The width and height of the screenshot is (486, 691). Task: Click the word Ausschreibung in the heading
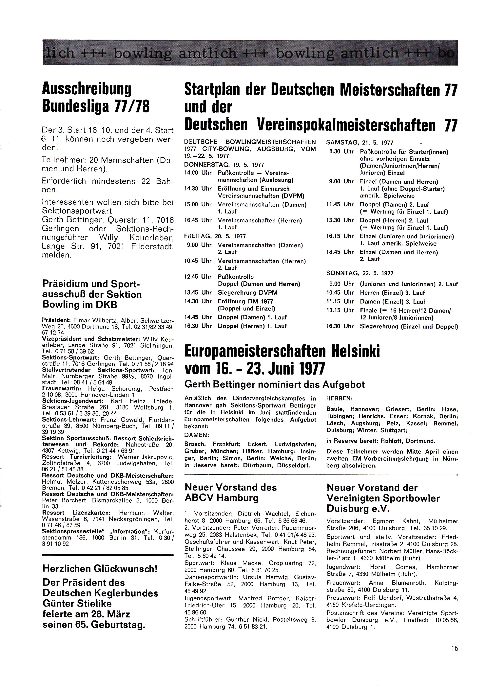click(x=87, y=89)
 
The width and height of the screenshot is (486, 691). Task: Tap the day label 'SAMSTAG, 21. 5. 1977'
click(x=360, y=143)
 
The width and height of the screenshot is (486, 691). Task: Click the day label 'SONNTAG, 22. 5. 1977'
click(x=360, y=273)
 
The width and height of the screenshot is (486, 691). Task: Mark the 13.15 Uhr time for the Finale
click(x=340, y=310)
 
